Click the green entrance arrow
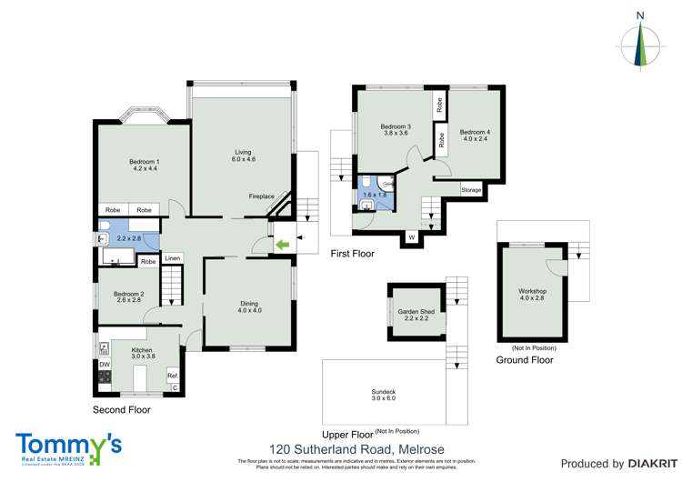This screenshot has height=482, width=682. pos(282,244)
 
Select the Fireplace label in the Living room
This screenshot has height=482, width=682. pos(262,196)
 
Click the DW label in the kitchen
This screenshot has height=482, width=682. pos(105,365)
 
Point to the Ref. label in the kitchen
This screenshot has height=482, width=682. pos(172,375)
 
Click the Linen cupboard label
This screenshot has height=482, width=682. pos(173,259)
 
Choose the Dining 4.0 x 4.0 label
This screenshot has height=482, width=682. pos(250,307)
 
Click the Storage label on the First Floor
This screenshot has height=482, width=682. pos(471,190)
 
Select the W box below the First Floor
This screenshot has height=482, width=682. pos(411,238)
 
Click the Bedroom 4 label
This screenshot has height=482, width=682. pos(476,136)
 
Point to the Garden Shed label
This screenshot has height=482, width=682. pos(416,316)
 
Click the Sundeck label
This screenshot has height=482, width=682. pos(384,395)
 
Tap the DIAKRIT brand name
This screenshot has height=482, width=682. pos(636,464)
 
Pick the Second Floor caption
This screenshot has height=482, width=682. pos(122,410)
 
